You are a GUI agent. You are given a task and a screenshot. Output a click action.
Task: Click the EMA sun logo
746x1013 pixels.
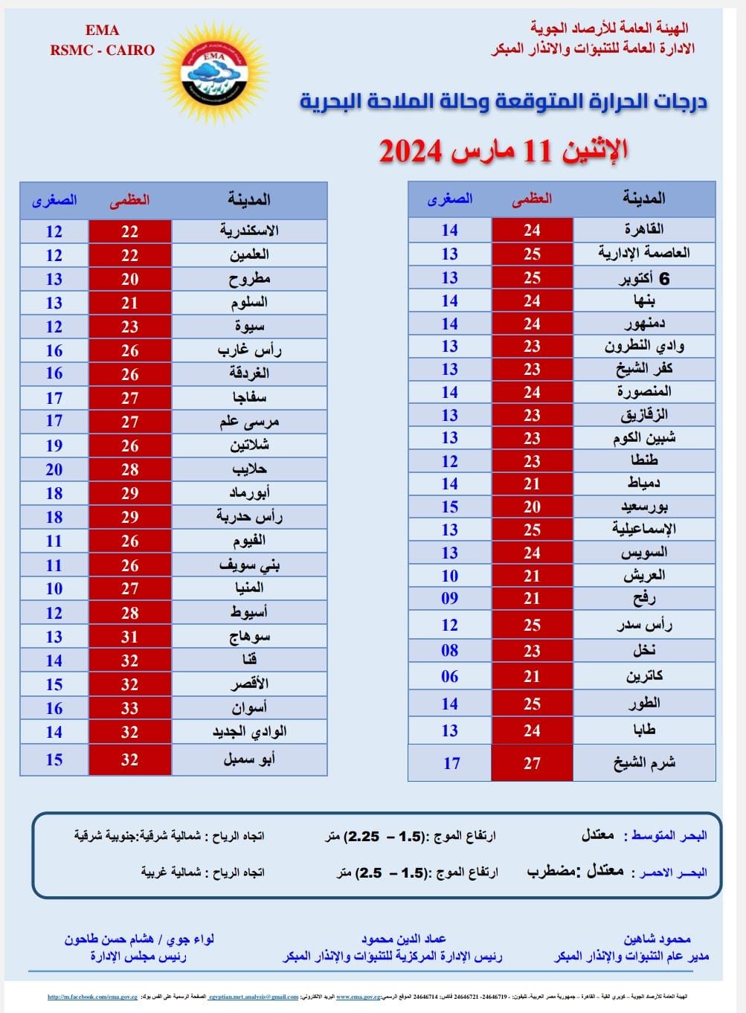214,73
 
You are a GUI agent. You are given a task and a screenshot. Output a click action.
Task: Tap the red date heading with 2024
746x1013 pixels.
504,150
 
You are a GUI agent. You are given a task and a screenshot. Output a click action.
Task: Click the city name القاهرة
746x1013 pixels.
644,229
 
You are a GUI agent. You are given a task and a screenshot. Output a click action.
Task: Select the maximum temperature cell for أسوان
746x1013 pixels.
129,708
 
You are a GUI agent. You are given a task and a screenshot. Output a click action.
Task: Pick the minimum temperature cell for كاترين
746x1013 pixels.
450,676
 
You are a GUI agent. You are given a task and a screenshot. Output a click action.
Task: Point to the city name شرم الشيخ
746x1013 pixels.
644,762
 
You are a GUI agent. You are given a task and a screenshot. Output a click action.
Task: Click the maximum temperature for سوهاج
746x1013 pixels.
129,637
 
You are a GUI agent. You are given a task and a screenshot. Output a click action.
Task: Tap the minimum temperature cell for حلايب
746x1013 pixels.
54,469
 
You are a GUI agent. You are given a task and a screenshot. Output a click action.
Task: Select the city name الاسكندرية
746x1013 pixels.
249,231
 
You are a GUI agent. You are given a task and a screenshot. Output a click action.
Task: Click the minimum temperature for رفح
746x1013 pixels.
450,598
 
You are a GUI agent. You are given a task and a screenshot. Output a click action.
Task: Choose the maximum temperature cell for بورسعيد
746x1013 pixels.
532,506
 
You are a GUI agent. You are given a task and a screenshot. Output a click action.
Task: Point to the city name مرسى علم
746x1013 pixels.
249,422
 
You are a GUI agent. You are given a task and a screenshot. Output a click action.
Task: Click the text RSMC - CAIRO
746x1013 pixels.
103,51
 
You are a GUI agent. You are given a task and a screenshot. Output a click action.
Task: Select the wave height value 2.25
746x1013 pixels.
364,836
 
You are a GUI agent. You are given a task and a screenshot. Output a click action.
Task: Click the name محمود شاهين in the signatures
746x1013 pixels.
657,939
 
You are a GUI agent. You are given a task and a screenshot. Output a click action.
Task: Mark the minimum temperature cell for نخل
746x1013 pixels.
450,650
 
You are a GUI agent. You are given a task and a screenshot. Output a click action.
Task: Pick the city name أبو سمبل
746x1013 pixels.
249,759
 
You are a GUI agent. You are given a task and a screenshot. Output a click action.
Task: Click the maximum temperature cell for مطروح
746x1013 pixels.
129,279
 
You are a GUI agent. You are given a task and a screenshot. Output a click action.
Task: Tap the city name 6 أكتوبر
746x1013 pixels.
644,278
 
